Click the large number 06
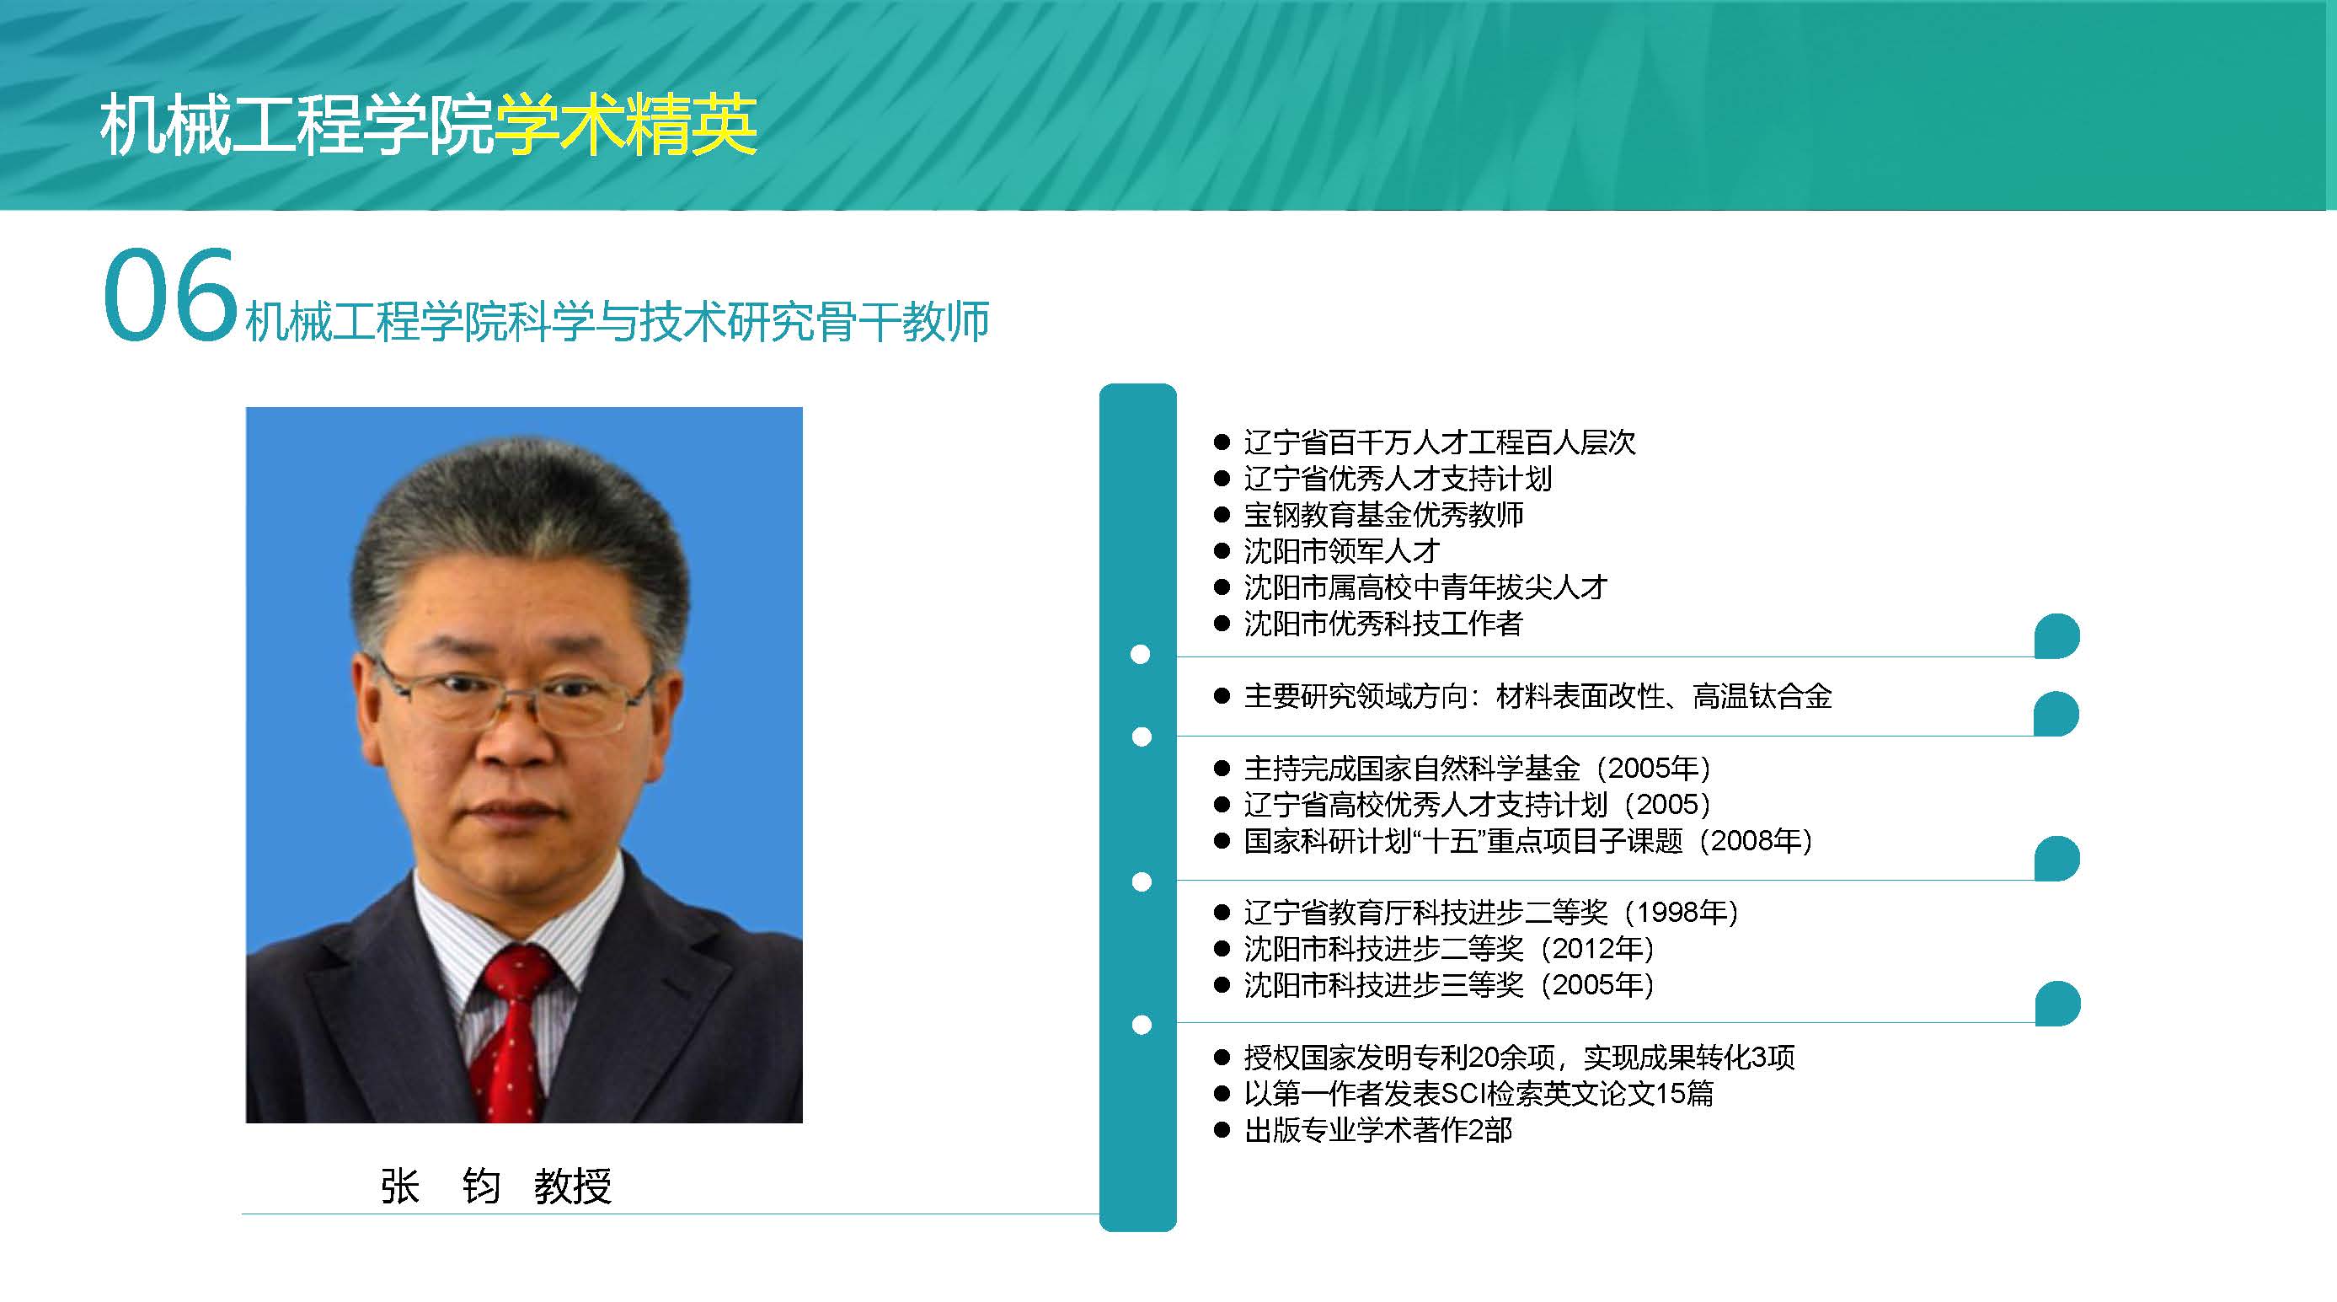(170, 296)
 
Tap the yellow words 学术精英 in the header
(625, 126)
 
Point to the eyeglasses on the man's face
(514, 698)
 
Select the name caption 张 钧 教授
(496, 1186)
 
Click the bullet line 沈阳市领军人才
(1341, 551)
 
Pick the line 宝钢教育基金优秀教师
(1382, 514)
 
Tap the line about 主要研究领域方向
(1537, 696)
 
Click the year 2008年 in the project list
(1756, 840)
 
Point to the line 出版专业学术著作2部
(1377, 1129)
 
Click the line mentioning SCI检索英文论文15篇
(1479, 1093)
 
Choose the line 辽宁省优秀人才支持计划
(1397, 478)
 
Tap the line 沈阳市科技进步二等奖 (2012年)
(1449, 948)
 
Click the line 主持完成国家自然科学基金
(1477, 769)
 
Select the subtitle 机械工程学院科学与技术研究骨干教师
(617, 321)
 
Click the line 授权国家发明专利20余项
(1519, 1057)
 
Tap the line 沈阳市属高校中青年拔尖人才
(1425, 587)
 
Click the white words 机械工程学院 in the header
(297, 126)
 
